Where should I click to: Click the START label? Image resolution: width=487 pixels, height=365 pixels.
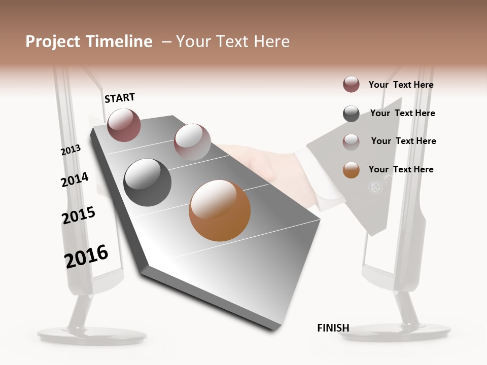coord(120,98)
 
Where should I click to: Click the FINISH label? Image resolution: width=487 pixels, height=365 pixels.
coord(333,328)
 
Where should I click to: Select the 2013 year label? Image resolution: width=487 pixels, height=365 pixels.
coord(71,150)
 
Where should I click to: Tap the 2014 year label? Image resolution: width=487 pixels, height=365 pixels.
coord(75,179)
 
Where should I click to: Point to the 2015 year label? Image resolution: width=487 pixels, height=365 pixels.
coord(78,215)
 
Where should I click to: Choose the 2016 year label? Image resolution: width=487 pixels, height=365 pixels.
coord(86,256)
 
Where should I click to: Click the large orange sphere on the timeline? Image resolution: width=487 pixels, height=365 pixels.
coord(220,210)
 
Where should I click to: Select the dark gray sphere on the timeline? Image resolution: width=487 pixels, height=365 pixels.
coord(147,182)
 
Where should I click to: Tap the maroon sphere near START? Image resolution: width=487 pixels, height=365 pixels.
coord(124,125)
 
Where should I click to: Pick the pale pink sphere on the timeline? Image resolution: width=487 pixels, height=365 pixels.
coord(192,141)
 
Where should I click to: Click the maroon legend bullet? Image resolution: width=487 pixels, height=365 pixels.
coord(351,85)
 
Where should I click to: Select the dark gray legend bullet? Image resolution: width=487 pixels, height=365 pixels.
coord(351,114)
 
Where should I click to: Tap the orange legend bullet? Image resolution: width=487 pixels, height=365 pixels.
coord(351,170)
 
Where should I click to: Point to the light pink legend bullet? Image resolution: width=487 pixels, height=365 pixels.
coord(351,141)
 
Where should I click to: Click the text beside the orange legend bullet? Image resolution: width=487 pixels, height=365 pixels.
coord(401,169)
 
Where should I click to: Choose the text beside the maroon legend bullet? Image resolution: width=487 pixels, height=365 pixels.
coord(401,85)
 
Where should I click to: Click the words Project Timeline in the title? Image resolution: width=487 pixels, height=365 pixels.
coord(89,42)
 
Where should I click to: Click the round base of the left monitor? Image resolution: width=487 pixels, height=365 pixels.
coord(92,335)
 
